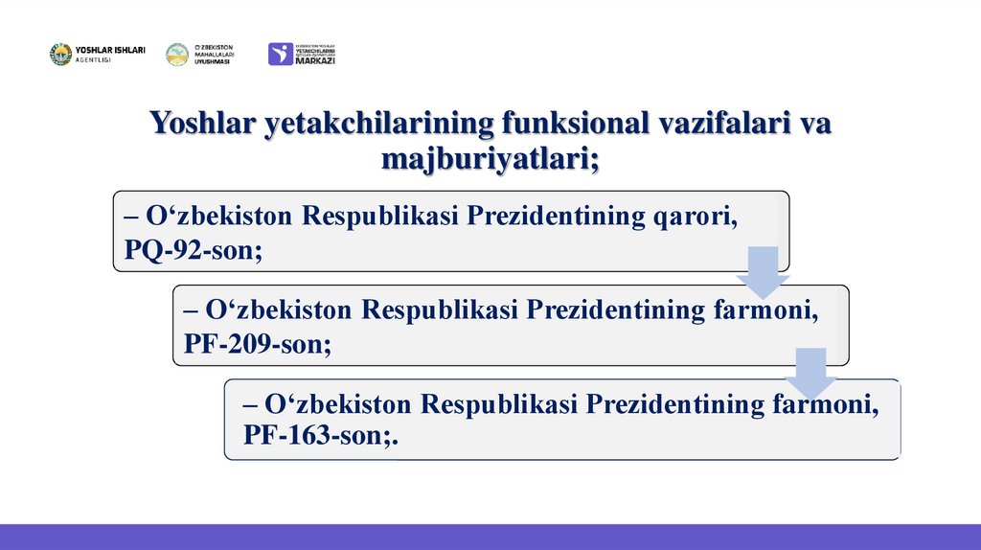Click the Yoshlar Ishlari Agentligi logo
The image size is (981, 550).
point(97,55)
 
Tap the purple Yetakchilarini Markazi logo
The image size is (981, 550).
point(302,54)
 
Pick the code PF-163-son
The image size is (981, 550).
point(319,436)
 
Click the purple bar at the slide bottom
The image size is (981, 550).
point(490,537)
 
